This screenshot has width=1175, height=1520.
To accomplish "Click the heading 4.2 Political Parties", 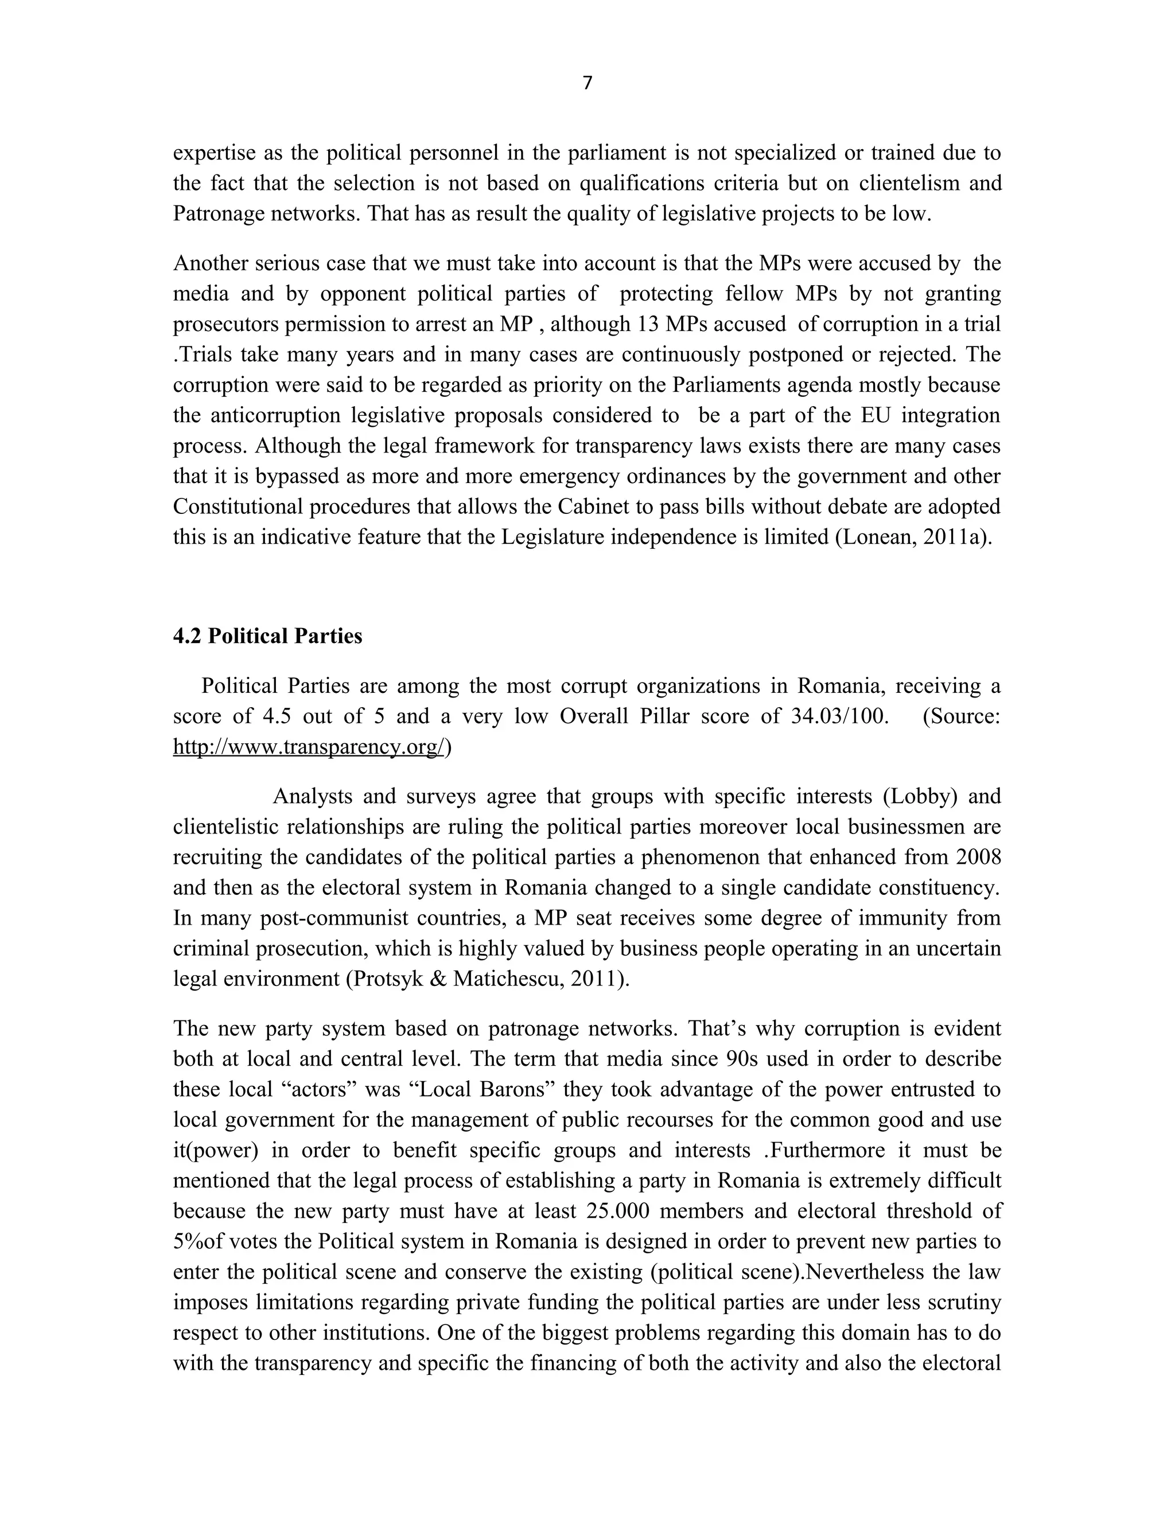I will click(267, 636).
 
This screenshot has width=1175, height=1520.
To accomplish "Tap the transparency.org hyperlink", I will click(308, 747).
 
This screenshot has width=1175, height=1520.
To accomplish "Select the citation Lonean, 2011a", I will click(915, 537).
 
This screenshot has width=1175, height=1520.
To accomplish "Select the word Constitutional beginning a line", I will click(238, 506).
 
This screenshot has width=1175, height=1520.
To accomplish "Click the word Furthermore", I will click(828, 1149).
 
